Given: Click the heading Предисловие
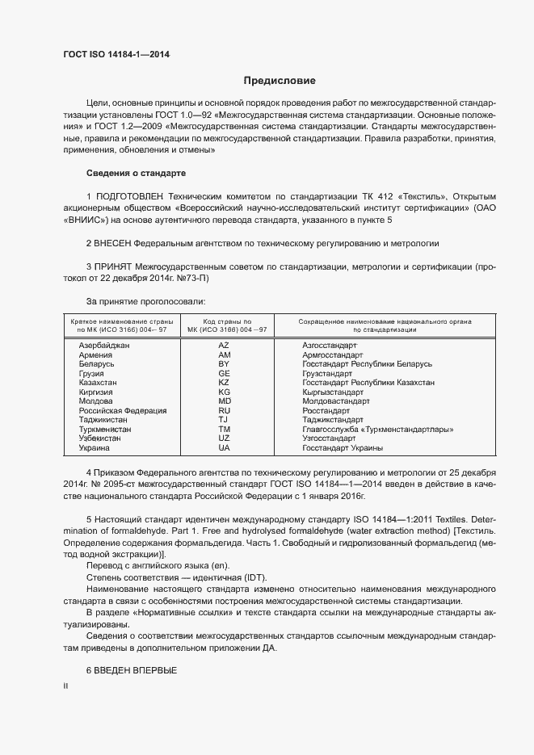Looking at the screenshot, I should point(280,82).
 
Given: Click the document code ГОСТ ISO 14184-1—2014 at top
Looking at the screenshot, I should point(116,55).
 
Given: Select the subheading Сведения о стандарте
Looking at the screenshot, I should point(136,174).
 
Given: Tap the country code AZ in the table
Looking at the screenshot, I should point(224,345).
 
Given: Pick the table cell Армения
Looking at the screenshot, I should point(95,355).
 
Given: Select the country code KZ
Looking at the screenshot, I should point(224,383).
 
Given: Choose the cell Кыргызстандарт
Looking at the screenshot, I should point(332,392).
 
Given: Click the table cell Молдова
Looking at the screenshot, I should point(95,401).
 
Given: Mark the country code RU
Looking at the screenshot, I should point(224,411).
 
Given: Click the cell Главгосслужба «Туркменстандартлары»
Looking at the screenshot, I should point(376,430).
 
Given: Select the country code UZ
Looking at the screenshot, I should point(224,438).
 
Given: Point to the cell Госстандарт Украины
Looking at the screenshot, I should point(343,447).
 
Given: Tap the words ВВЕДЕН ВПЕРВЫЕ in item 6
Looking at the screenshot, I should point(136,671).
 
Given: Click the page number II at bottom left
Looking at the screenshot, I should point(66,686).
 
